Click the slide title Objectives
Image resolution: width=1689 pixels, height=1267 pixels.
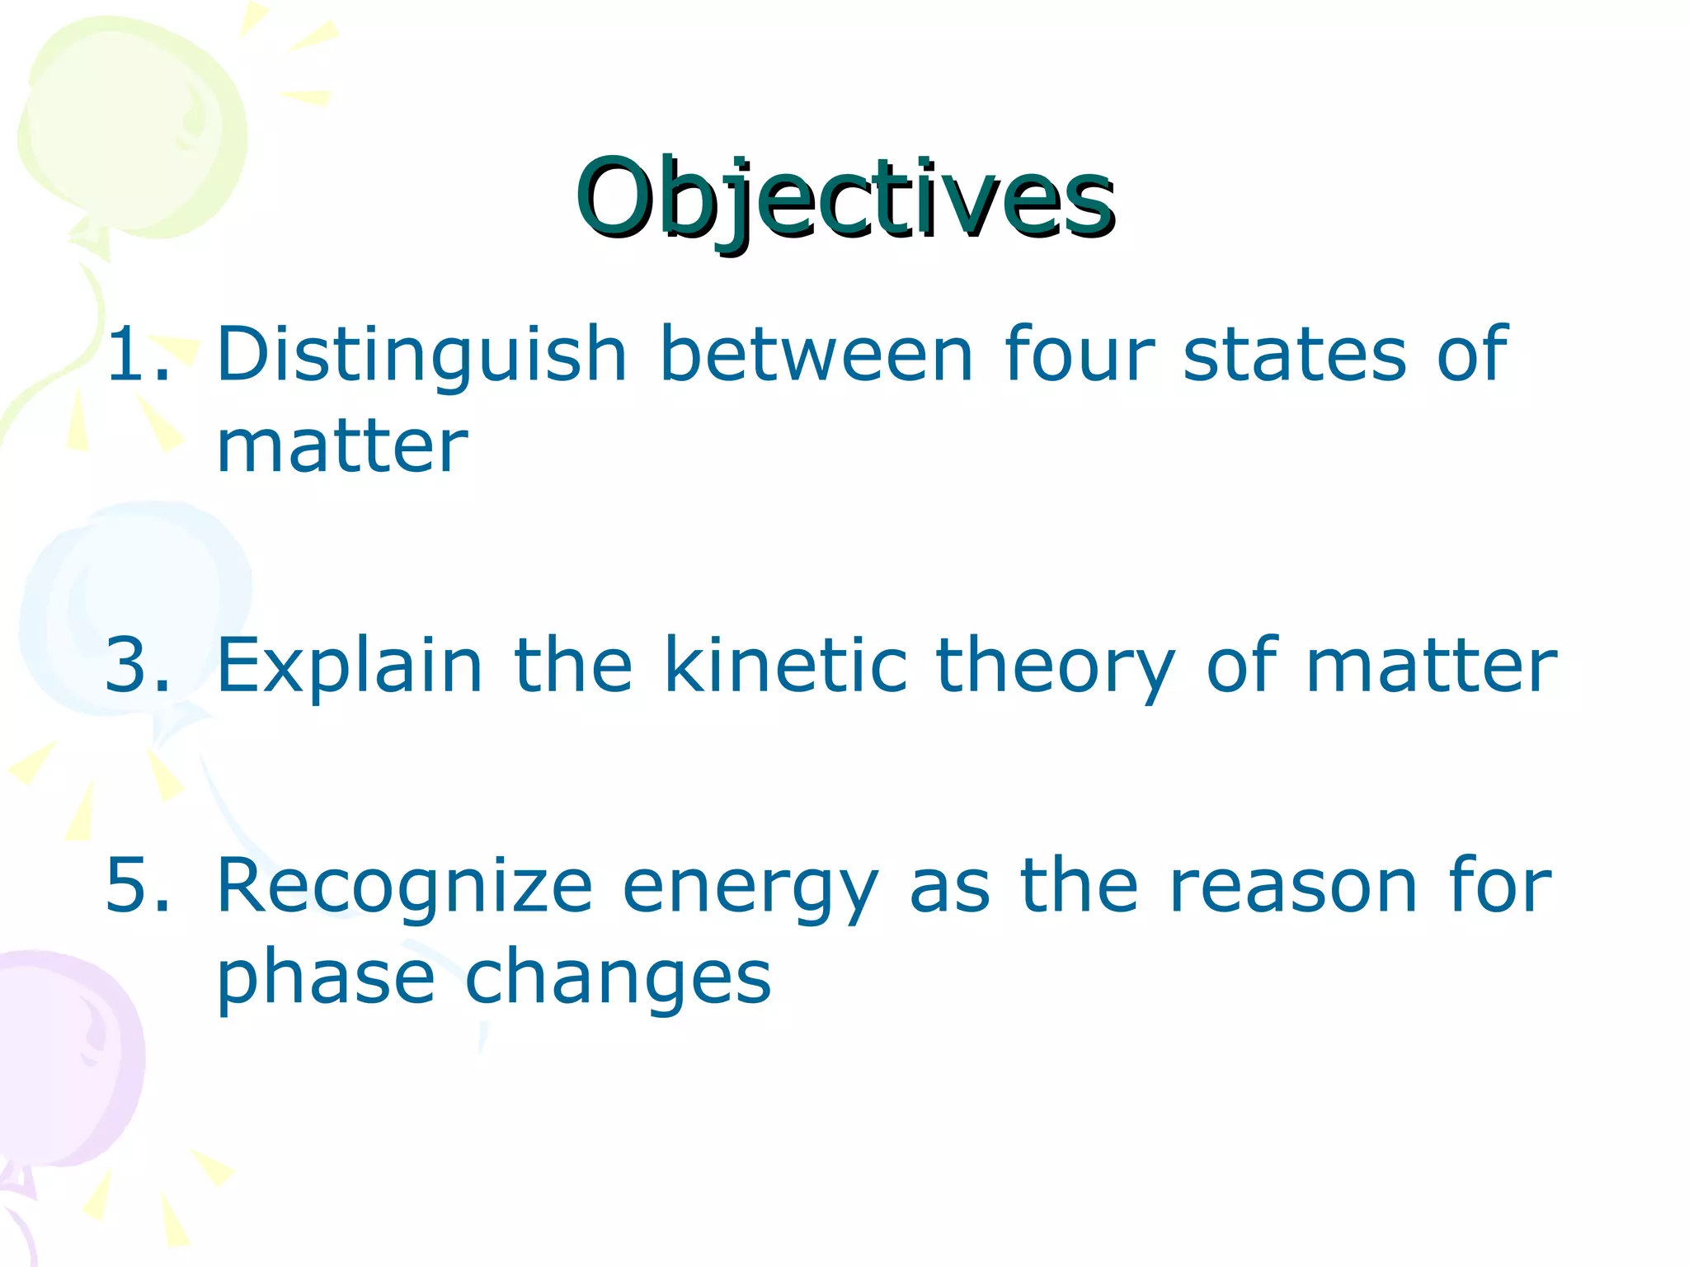(845, 200)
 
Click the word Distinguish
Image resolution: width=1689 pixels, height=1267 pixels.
(421, 355)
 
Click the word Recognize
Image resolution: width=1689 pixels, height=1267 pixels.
(404, 886)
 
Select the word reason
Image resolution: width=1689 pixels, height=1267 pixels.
(1293, 888)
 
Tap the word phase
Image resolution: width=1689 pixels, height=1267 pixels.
(325, 978)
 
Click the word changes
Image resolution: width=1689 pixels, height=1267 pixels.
(618, 978)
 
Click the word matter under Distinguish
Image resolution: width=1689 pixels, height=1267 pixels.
(341, 447)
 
